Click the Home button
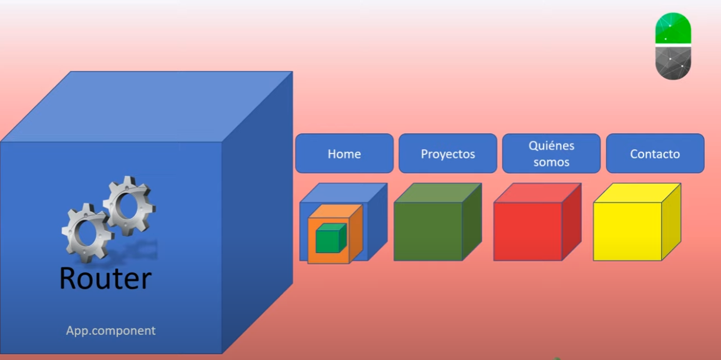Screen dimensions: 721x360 pos(344,153)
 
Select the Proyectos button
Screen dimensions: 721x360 pos(448,153)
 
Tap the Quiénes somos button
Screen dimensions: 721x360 pos(551,153)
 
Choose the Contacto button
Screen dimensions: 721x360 pos(655,153)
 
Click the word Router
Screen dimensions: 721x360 pos(105,278)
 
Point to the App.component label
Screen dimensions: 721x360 pos(110,331)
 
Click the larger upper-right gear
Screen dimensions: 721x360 pos(129,206)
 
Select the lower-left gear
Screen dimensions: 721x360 pos(88,233)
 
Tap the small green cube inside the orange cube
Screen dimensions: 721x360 pos(331,238)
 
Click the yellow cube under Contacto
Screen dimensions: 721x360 pos(636,222)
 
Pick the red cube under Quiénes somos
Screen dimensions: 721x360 pos(537,222)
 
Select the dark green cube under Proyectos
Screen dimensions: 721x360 pos(438,222)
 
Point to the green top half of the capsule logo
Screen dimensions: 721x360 pos(673,28)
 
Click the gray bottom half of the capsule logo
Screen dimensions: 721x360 pos(673,63)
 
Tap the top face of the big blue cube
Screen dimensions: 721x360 pos(146,106)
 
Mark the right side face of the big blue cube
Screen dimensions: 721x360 pos(257,213)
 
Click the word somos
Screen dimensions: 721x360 pos(551,162)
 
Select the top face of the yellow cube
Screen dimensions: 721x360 pos(637,193)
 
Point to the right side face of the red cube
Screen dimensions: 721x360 pos(572,222)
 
